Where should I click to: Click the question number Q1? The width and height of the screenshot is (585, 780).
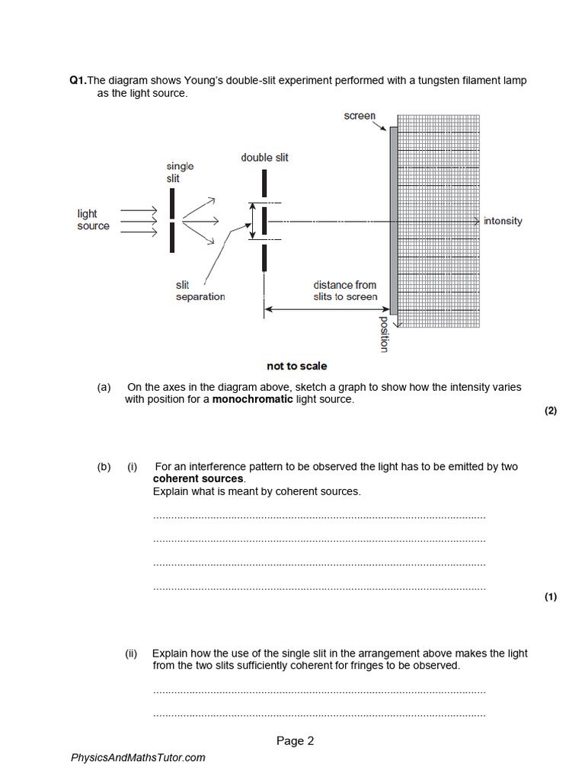[78, 81]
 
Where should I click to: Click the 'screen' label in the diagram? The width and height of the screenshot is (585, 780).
[360, 116]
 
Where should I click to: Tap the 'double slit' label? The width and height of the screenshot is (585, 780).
[264, 158]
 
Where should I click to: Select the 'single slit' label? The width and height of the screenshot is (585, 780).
[180, 172]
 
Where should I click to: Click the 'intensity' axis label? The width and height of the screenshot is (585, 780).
[503, 221]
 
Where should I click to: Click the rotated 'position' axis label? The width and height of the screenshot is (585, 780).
[383, 334]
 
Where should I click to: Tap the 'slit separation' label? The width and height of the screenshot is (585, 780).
[200, 291]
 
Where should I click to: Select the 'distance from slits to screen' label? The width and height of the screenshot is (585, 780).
[345, 291]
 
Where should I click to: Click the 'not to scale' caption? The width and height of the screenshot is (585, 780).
[297, 366]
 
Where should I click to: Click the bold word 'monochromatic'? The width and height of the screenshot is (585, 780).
[252, 399]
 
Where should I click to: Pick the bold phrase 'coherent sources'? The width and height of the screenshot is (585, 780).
[198, 479]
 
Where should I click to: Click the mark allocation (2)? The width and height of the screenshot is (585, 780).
[551, 411]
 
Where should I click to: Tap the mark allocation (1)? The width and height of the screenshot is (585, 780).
[551, 597]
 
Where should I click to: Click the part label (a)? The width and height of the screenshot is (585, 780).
[104, 387]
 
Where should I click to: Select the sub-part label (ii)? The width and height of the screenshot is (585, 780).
[132, 653]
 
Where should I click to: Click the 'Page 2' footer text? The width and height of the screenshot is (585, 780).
[295, 741]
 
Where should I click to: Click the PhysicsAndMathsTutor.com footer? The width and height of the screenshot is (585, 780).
[138, 758]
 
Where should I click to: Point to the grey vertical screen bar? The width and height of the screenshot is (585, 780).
[393, 221]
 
